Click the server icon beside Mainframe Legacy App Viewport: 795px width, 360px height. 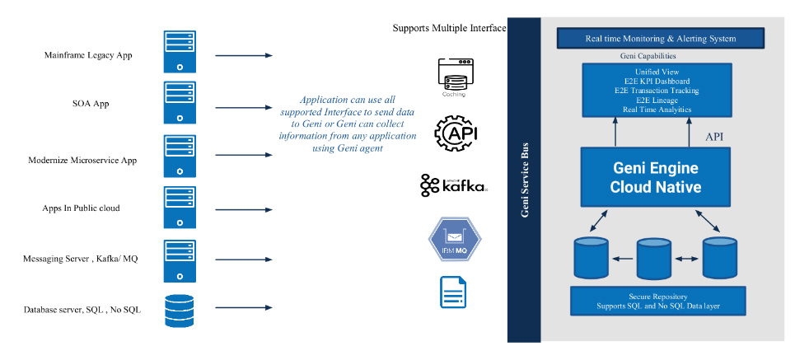click(x=178, y=52)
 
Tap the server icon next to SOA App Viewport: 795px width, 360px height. click(x=178, y=101)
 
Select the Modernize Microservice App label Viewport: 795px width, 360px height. click(x=82, y=160)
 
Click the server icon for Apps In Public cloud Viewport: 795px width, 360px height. click(x=178, y=208)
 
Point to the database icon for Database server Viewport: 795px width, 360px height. click(x=178, y=310)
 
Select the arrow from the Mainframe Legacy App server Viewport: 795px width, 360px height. click(x=244, y=56)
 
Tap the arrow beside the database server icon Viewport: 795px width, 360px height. click(x=244, y=310)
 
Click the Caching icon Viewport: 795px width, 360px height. click(x=454, y=74)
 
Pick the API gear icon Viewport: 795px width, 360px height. click(x=455, y=133)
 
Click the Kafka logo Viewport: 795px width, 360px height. click(x=454, y=186)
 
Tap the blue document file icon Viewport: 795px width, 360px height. click(x=454, y=292)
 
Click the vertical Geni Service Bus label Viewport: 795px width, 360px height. click(x=524, y=180)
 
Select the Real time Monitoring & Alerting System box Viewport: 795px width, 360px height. click(x=660, y=38)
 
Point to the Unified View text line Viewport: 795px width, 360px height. click(x=657, y=72)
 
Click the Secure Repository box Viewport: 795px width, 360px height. click(x=657, y=301)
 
